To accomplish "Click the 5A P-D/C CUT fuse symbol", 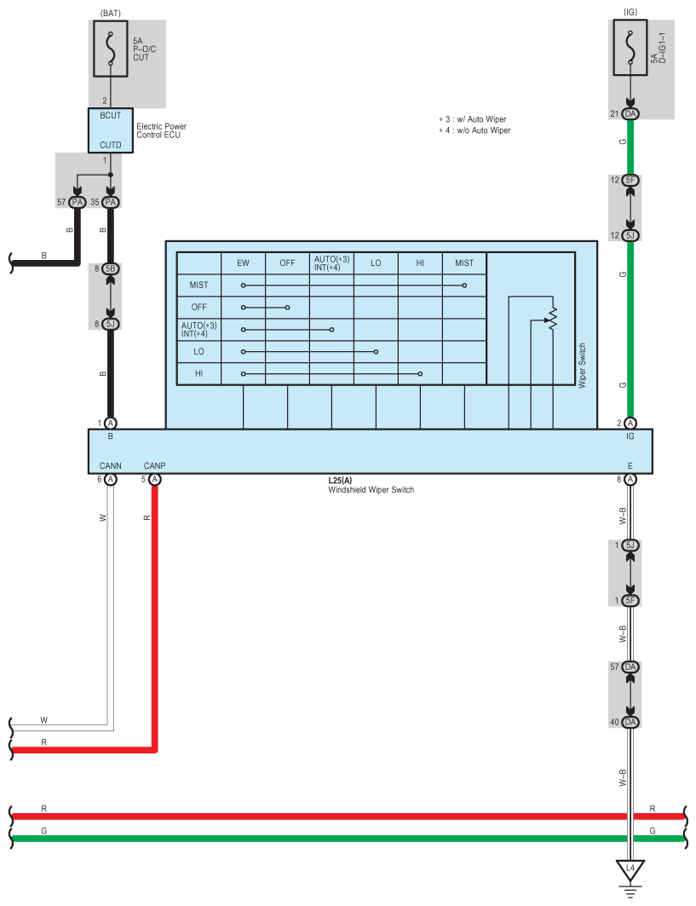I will pos(111,50).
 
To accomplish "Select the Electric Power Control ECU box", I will pos(111,130).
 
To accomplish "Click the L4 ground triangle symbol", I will pos(630,870).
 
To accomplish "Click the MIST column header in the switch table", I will pos(464,263).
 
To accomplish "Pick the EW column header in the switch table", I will pos(243,263).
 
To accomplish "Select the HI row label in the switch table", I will pos(198,373).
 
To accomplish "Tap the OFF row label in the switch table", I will pos(198,307).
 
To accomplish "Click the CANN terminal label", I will pos(111,465).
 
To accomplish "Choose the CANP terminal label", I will pos(155,465).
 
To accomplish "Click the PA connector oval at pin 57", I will pos(77,202).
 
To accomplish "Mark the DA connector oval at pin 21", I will pos(630,114).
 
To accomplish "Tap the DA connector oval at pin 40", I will pos(630,722).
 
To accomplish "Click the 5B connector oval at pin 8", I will pos(111,268).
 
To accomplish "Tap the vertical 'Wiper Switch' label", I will pos(583,366).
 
